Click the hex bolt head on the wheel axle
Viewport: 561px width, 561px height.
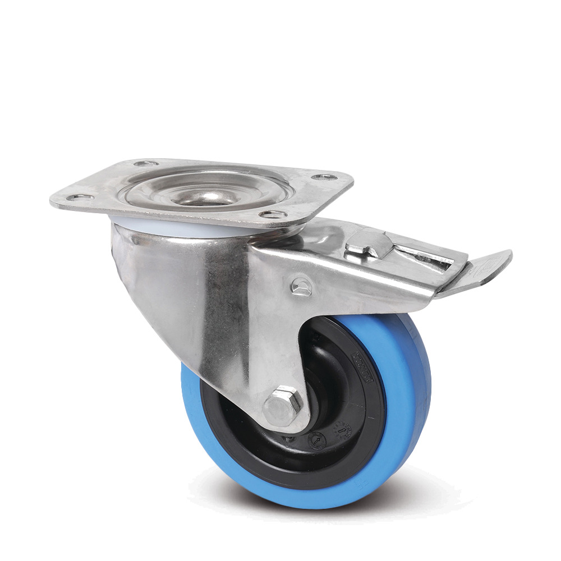[283, 406]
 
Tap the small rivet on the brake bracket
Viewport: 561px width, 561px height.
[300, 286]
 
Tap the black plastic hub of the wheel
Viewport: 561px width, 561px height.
[331, 393]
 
